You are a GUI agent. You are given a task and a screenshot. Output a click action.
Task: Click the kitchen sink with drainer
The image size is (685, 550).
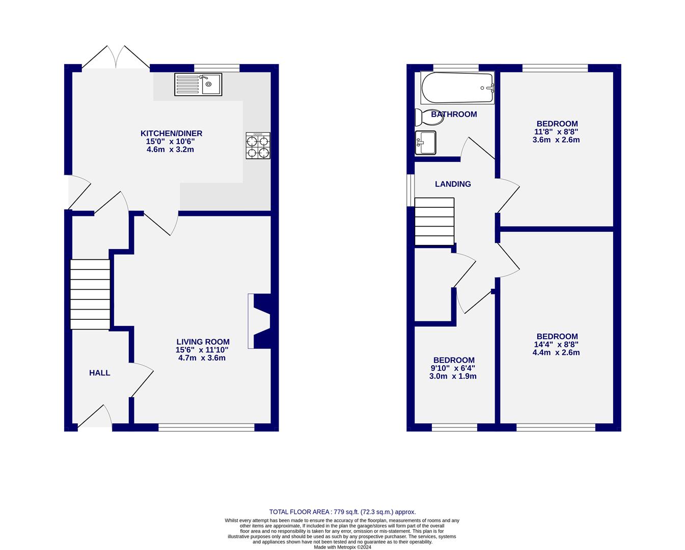(x=198, y=85)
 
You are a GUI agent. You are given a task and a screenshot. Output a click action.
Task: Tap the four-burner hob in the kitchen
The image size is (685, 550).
(x=258, y=146)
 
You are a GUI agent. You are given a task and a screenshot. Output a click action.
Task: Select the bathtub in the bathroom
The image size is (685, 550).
(x=457, y=88)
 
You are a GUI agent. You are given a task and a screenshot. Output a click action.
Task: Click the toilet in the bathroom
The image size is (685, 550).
(x=423, y=117)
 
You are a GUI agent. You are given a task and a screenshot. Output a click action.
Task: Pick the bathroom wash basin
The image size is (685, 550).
(x=425, y=143)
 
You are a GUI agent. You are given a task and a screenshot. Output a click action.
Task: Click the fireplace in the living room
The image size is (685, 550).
(x=260, y=321)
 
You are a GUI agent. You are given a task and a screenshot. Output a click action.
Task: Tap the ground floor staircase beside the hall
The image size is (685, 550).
(x=90, y=294)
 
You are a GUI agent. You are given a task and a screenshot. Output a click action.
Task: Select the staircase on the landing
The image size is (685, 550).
(x=434, y=222)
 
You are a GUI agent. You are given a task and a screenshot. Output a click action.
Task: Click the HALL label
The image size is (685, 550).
(x=99, y=373)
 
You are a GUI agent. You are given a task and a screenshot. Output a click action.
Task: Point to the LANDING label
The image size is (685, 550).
(x=452, y=184)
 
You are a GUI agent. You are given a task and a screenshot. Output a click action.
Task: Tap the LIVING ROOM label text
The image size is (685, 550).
(x=203, y=342)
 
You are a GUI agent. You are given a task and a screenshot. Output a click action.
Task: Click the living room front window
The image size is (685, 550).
(x=206, y=427)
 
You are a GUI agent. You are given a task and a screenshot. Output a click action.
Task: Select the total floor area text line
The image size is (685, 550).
(x=342, y=512)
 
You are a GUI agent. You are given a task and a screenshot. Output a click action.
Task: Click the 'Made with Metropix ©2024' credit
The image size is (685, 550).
(x=342, y=547)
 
